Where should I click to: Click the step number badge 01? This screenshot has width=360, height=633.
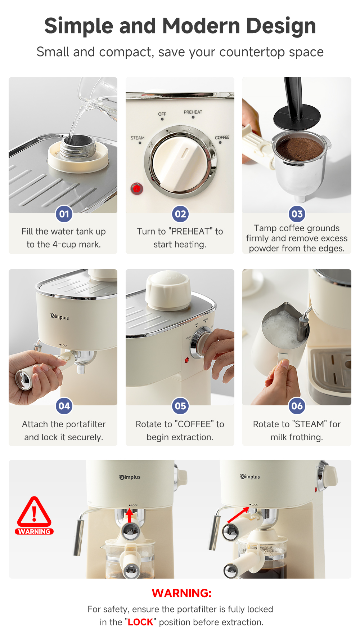(64, 214)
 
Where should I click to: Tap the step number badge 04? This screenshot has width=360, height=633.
(64, 406)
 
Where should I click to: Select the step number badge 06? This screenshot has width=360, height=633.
(297, 406)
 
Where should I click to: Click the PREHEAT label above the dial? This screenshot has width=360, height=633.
(193, 112)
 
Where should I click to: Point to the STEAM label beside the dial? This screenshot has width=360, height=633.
(138, 138)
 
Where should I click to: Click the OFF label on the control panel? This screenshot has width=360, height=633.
(162, 114)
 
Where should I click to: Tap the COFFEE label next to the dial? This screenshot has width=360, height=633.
(222, 138)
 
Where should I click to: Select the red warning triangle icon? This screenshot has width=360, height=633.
(34, 512)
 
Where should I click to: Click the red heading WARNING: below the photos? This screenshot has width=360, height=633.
(181, 593)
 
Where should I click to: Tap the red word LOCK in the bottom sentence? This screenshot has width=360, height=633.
(140, 622)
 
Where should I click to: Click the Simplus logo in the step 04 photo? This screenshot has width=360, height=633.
(60, 317)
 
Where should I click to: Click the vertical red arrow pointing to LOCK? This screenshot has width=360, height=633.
(130, 516)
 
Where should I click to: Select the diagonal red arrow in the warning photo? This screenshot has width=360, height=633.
(238, 515)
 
